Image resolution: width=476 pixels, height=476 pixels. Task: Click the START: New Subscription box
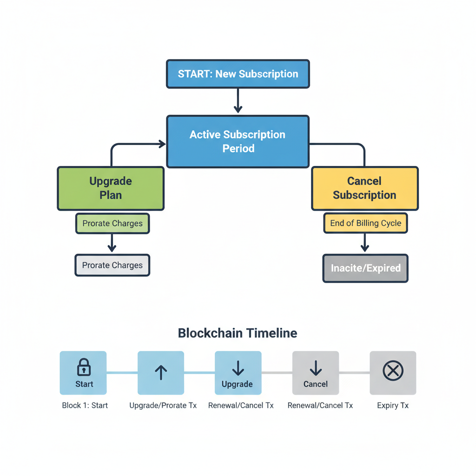[238, 74]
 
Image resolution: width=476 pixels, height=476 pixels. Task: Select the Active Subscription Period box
[238, 141]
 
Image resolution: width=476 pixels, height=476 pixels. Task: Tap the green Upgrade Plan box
[111, 188]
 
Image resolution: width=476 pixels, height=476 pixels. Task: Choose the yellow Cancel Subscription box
[364, 188]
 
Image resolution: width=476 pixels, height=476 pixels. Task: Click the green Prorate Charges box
[112, 224]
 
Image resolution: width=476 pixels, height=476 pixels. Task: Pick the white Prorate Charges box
[112, 265]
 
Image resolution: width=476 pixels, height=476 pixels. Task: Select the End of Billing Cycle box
[365, 223]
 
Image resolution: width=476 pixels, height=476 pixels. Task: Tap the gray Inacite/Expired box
[365, 268]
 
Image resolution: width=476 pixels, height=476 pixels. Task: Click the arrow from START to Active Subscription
[238, 101]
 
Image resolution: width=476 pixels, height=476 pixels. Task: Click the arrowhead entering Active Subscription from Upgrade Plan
[162, 144]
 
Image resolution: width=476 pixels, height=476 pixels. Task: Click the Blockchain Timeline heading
[238, 333]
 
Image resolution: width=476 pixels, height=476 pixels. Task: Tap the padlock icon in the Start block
[84, 367]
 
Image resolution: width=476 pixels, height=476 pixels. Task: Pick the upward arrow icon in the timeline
[161, 372]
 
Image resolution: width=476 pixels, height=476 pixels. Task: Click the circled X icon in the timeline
[393, 371]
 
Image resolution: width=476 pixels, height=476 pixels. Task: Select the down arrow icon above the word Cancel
[316, 368]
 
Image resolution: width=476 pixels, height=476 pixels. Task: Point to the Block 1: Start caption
[85, 405]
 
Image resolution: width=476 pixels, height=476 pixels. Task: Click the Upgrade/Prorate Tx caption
[163, 405]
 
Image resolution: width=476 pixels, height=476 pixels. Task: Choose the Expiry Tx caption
[393, 405]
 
